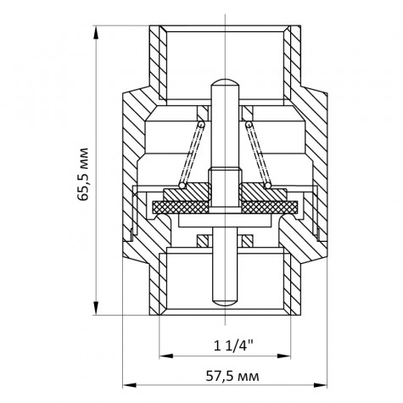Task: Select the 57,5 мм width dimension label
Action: (225, 375)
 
